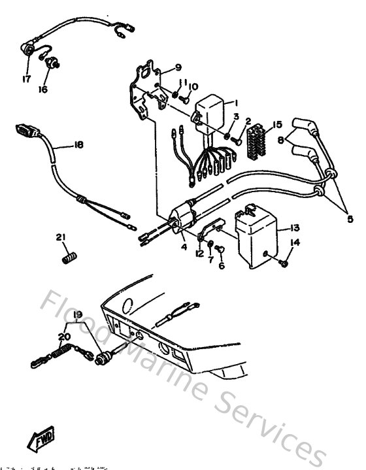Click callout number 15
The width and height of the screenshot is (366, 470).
point(277,124)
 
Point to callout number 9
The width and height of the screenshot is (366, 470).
point(178,67)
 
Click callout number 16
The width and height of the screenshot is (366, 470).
point(43,90)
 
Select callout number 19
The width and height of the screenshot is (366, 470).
point(78,314)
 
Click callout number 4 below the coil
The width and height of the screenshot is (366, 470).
point(184,246)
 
